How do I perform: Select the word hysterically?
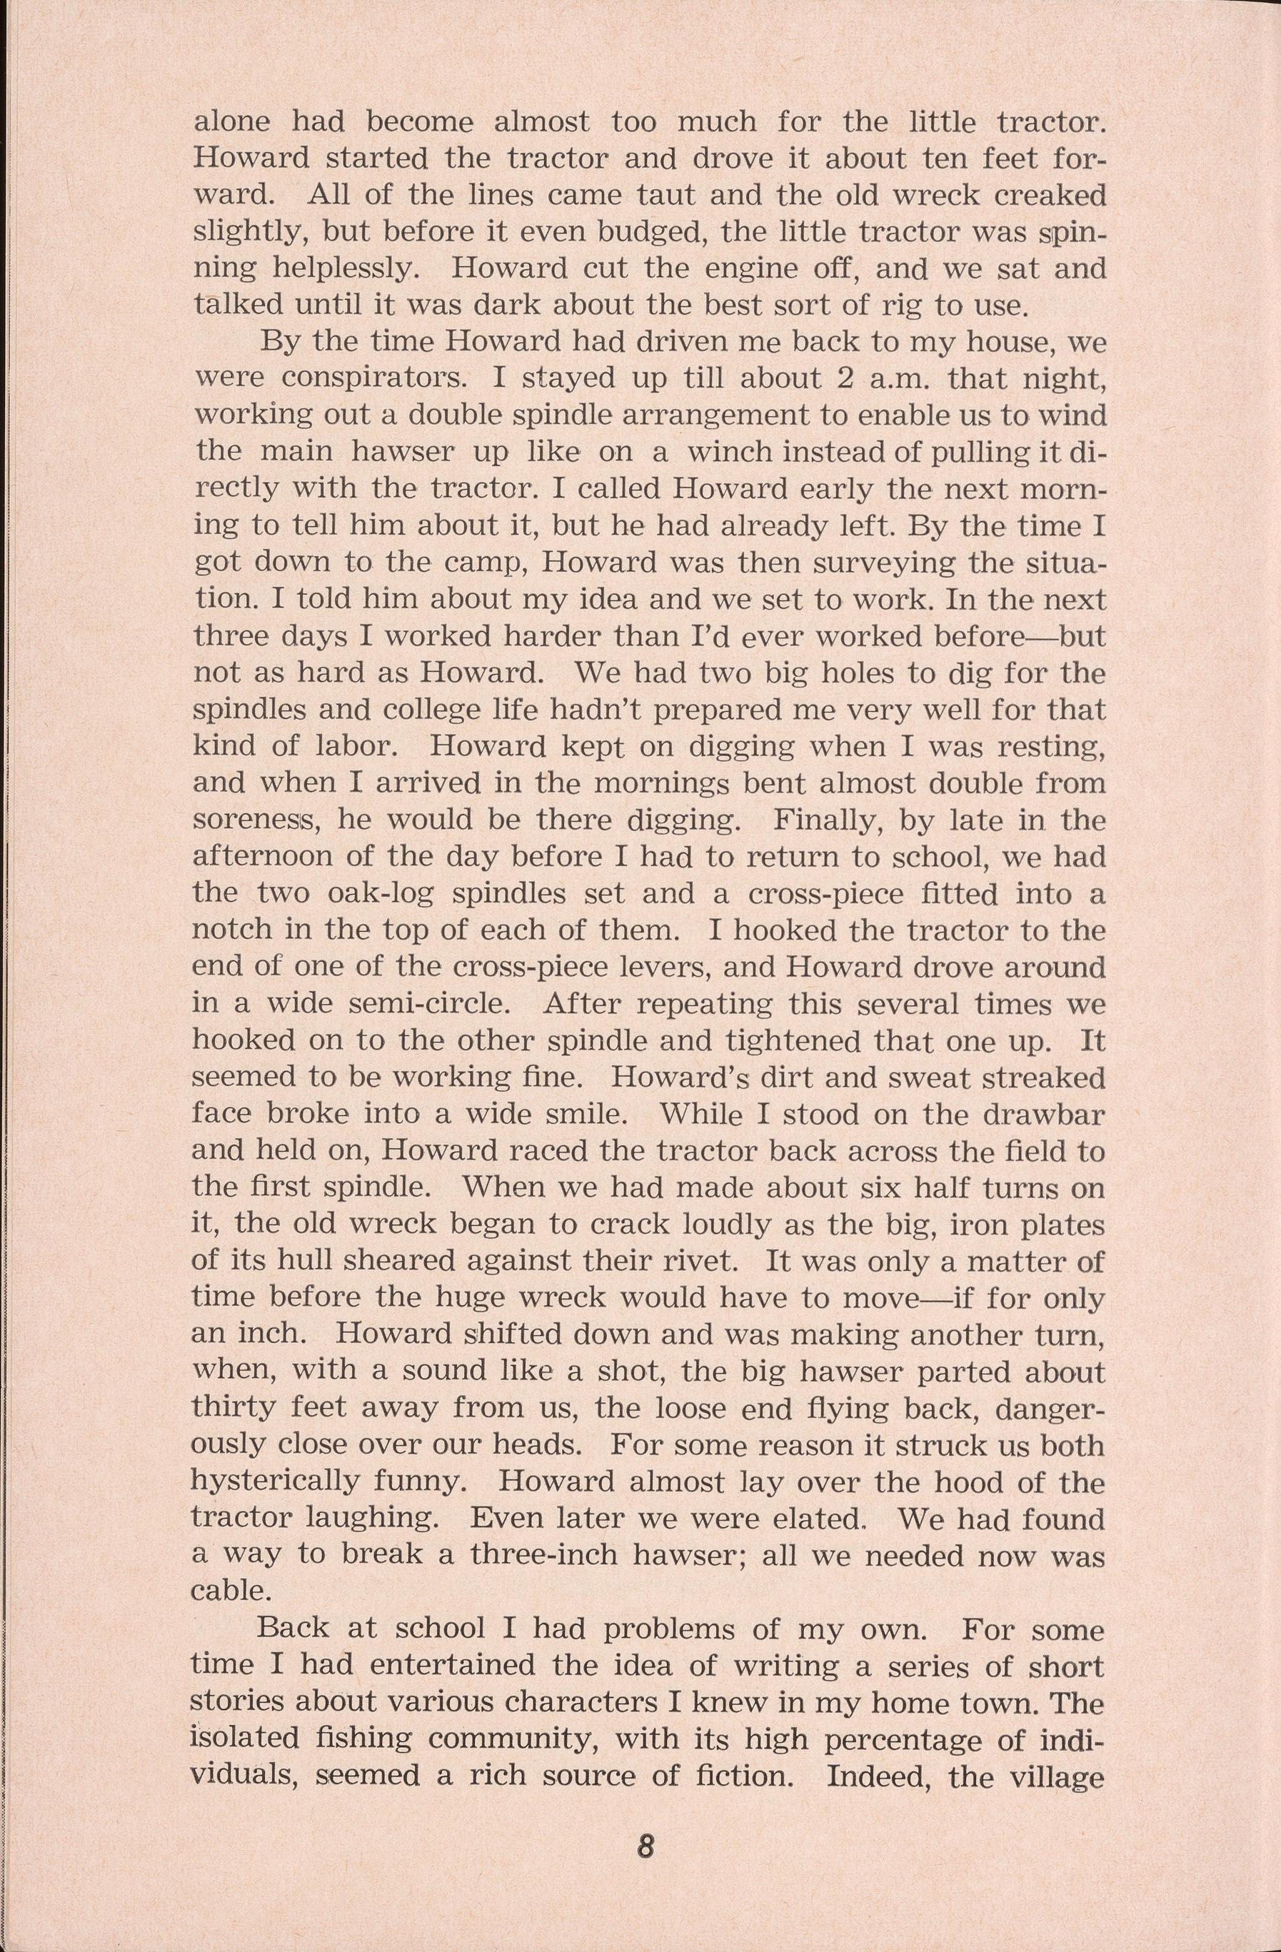pos(275,1482)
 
